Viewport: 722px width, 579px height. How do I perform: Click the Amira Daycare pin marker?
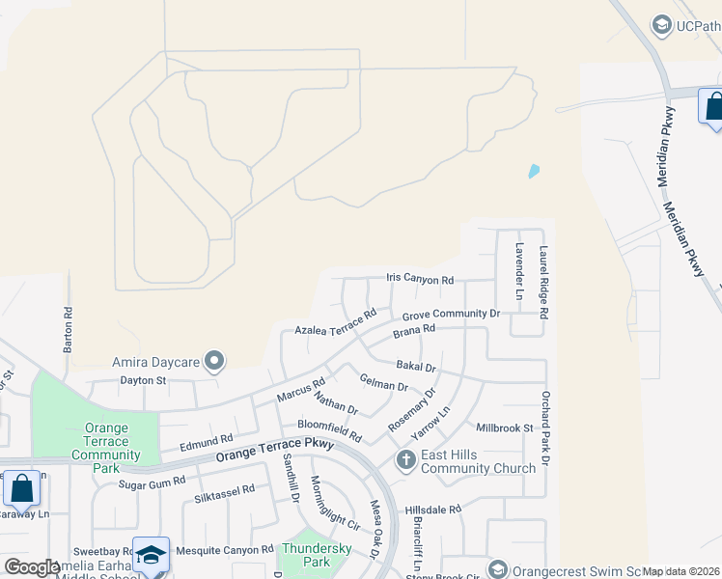[215, 362]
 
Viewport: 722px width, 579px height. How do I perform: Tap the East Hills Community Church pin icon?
[405, 460]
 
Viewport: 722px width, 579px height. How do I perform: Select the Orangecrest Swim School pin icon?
[497, 569]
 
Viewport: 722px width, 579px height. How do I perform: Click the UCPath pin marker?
[661, 25]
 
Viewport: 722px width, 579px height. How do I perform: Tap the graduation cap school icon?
[151, 554]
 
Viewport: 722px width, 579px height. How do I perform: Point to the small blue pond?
[533, 172]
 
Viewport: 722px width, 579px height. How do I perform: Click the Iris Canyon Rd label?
[420, 280]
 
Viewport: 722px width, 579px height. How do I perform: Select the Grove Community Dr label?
[451, 314]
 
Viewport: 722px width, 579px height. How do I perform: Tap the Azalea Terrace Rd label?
[336, 323]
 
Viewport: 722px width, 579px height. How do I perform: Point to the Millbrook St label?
[504, 427]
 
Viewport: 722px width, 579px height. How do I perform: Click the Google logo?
[33, 567]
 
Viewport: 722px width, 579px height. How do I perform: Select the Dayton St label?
[144, 381]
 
